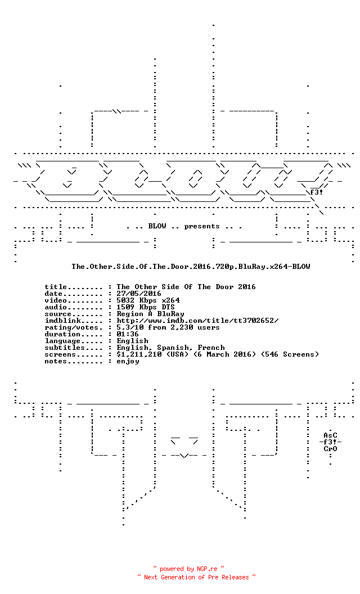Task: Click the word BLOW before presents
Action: [x=157, y=226]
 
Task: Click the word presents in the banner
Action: [x=201, y=227]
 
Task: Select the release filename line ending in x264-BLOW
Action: [x=191, y=267]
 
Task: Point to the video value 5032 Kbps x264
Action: [x=148, y=300]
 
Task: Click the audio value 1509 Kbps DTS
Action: [x=146, y=307]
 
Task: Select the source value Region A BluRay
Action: [x=150, y=314]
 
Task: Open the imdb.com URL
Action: [x=197, y=321]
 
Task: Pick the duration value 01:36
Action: [x=128, y=334]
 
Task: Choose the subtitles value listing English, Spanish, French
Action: [x=170, y=348]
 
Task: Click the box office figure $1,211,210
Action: [x=139, y=354]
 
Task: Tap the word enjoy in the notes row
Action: [x=128, y=362]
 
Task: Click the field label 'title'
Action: [x=55, y=287]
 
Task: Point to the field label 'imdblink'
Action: [x=62, y=321]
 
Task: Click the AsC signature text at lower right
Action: [x=330, y=435]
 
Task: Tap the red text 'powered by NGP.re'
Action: [x=188, y=569]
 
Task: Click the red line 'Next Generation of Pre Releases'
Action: [x=196, y=577]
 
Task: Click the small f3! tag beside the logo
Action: [x=317, y=192]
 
